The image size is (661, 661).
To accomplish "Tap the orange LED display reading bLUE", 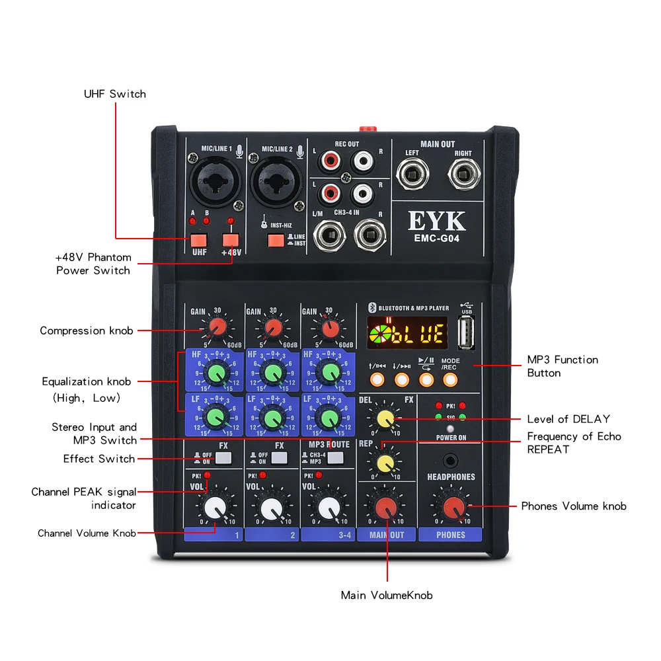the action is (x=407, y=332).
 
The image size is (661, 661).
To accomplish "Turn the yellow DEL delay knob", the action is (x=383, y=418).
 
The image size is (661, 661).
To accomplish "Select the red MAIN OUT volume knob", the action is (x=387, y=508).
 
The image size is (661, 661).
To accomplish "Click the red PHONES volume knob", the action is (x=453, y=508).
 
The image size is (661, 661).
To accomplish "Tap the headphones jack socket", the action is (x=451, y=459).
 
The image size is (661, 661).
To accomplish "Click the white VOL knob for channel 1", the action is (x=214, y=508).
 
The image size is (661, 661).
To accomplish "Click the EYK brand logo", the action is (x=437, y=221).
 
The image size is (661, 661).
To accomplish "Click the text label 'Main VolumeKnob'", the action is (x=387, y=596).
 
